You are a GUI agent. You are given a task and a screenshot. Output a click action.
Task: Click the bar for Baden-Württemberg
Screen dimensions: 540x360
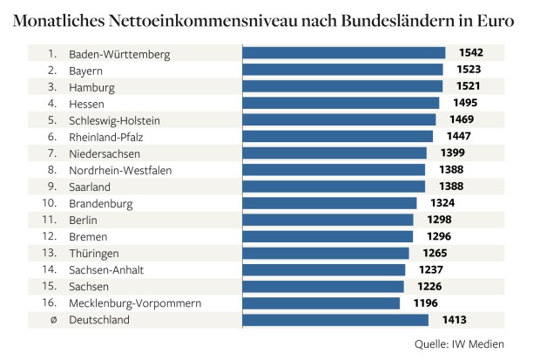click(344, 53)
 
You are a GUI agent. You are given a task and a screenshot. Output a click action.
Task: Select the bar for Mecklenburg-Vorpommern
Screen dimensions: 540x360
click(321, 303)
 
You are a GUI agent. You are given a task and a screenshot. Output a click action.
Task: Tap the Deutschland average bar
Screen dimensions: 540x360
click(335, 320)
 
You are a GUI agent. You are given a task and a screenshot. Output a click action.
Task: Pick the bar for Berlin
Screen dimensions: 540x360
click(327, 220)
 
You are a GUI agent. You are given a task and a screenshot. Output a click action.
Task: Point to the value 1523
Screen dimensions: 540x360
click(469, 70)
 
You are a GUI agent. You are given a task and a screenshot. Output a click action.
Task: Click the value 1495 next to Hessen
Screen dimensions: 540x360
click(465, 103)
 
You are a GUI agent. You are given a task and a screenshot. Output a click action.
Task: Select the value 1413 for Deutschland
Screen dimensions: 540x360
click(455, 320)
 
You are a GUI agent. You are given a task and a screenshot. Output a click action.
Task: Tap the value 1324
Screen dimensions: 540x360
click(442, 203)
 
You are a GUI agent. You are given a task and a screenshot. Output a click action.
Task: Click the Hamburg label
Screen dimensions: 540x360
click(91, 87)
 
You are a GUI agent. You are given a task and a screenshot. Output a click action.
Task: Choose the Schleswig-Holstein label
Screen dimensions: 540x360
click(114, 120)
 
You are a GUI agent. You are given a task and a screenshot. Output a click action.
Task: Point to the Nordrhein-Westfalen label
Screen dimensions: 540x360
click(120, 170)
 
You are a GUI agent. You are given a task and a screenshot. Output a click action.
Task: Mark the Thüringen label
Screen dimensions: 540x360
click(94, 254)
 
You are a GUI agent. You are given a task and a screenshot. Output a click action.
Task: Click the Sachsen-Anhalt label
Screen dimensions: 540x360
click(106, 270)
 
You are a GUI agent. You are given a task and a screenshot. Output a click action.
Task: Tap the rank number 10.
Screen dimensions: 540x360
click(50, 203)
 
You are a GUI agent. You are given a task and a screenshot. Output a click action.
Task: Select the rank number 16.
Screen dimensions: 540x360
click(50, 302)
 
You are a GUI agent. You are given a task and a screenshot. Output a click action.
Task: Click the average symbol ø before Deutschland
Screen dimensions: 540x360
click(53, 320)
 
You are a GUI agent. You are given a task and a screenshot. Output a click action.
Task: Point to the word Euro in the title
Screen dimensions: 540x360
click(496, 21)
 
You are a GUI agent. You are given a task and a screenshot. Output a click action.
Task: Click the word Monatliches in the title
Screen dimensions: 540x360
click(59, 21)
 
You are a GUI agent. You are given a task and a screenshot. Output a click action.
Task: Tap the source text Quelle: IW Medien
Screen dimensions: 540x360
click(459, 344)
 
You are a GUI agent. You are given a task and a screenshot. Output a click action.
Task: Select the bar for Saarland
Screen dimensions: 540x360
click(334, 187)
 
